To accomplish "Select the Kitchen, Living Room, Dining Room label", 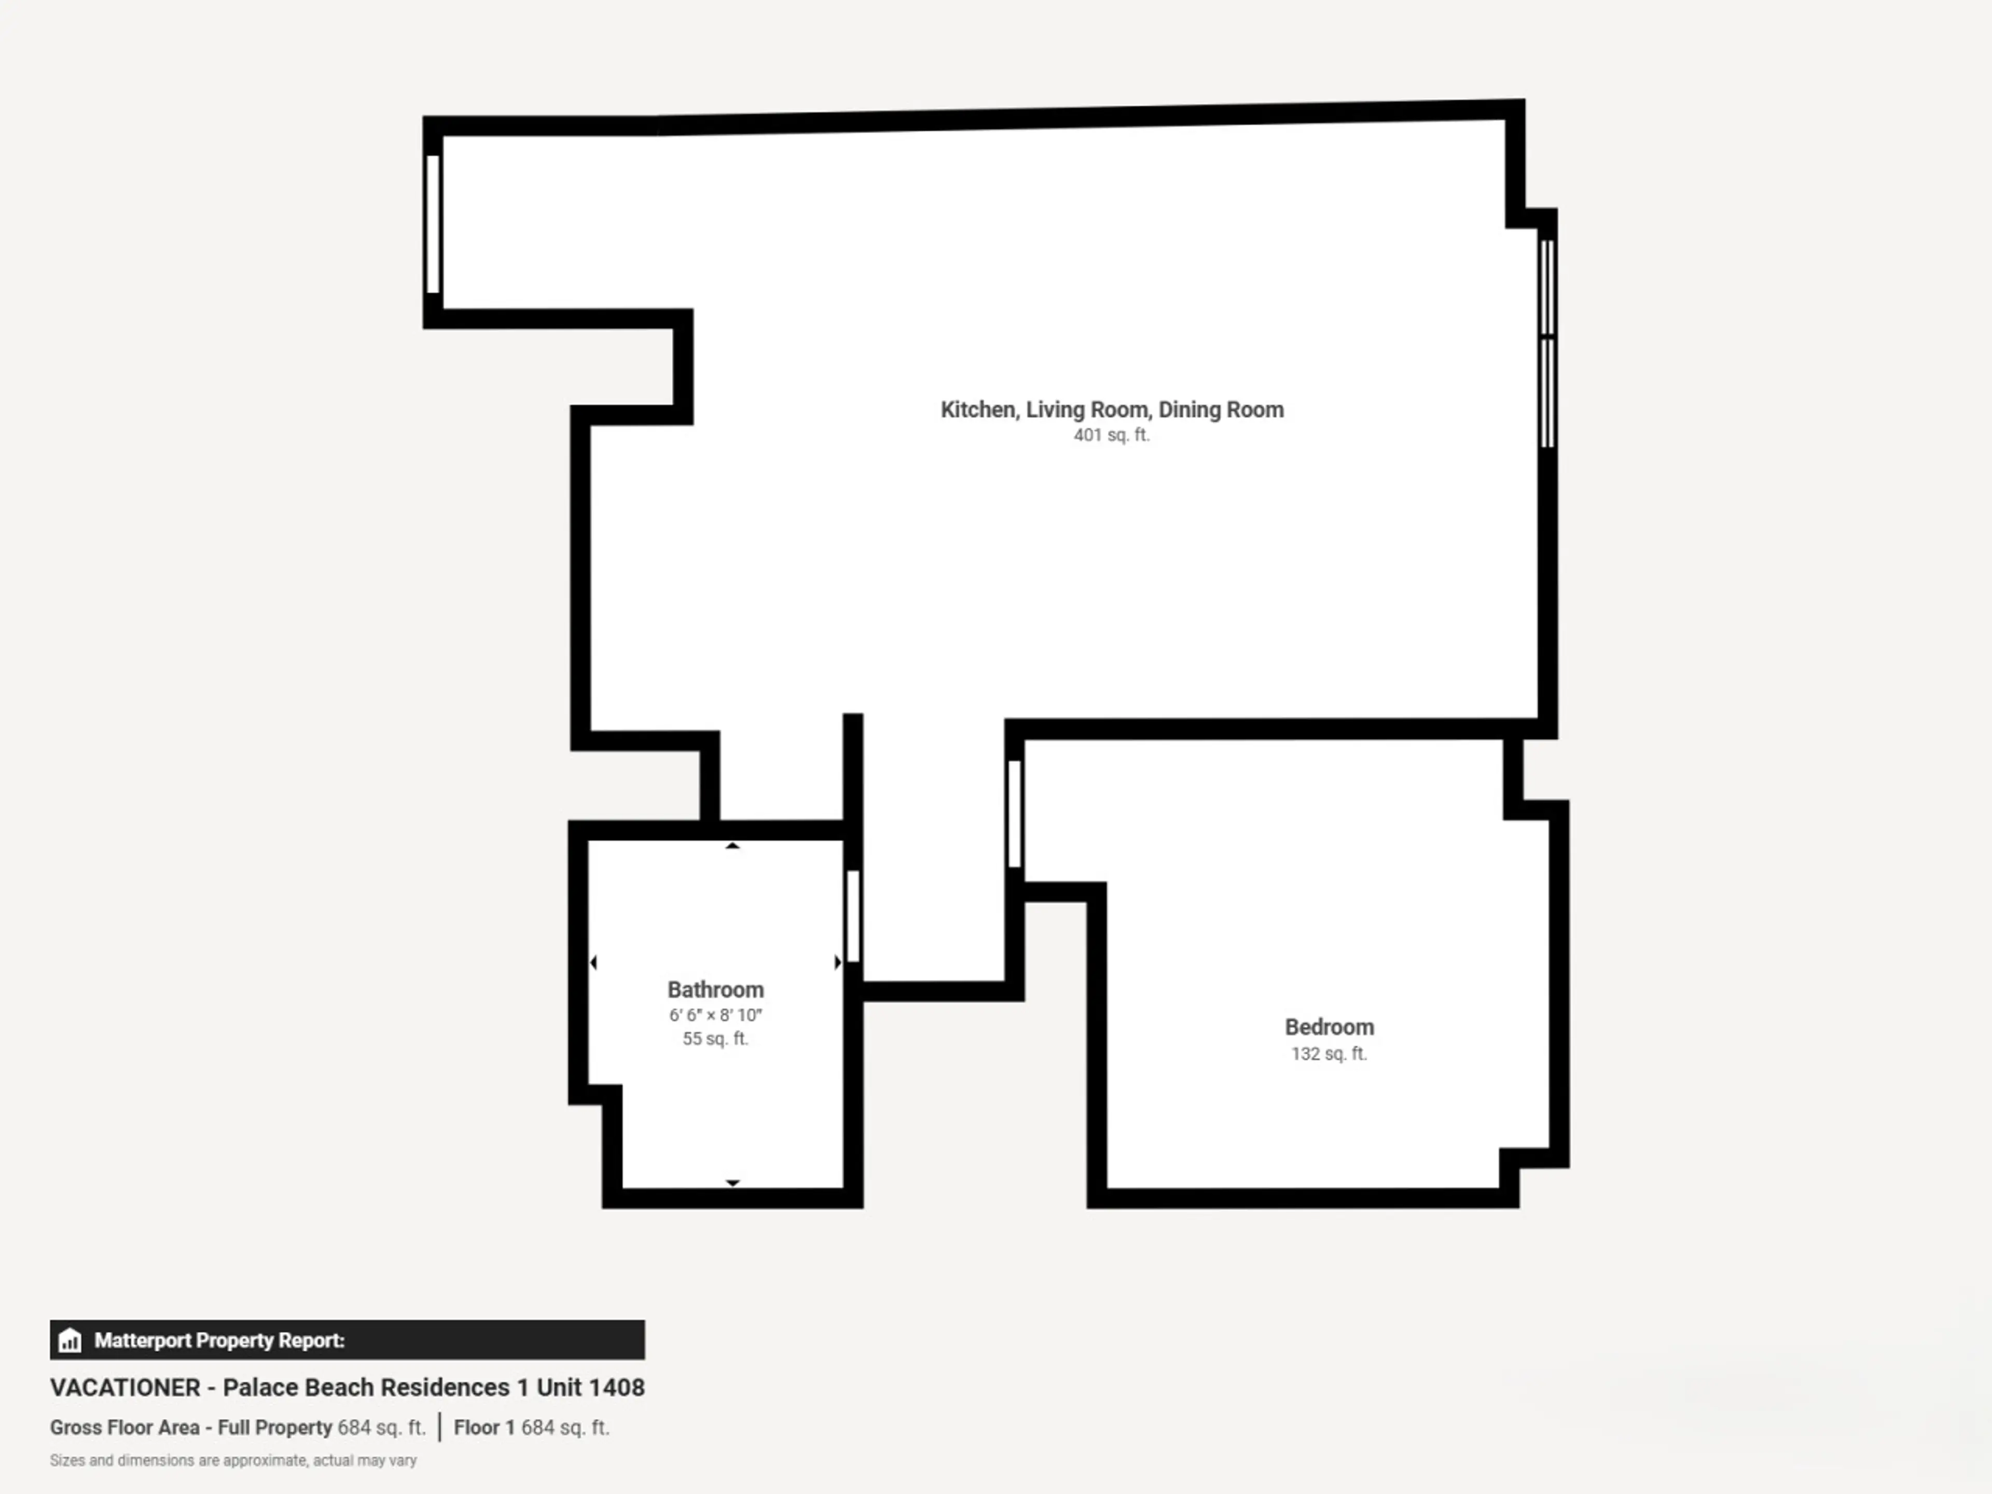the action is (x=1112, y=410).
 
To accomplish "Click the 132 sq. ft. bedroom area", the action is (x=1329, y=1054).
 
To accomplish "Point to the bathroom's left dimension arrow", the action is (x=592, y=963).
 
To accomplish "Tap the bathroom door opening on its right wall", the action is (x=853, y=916).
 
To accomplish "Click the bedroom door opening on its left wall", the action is (x=1014, y=813).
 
